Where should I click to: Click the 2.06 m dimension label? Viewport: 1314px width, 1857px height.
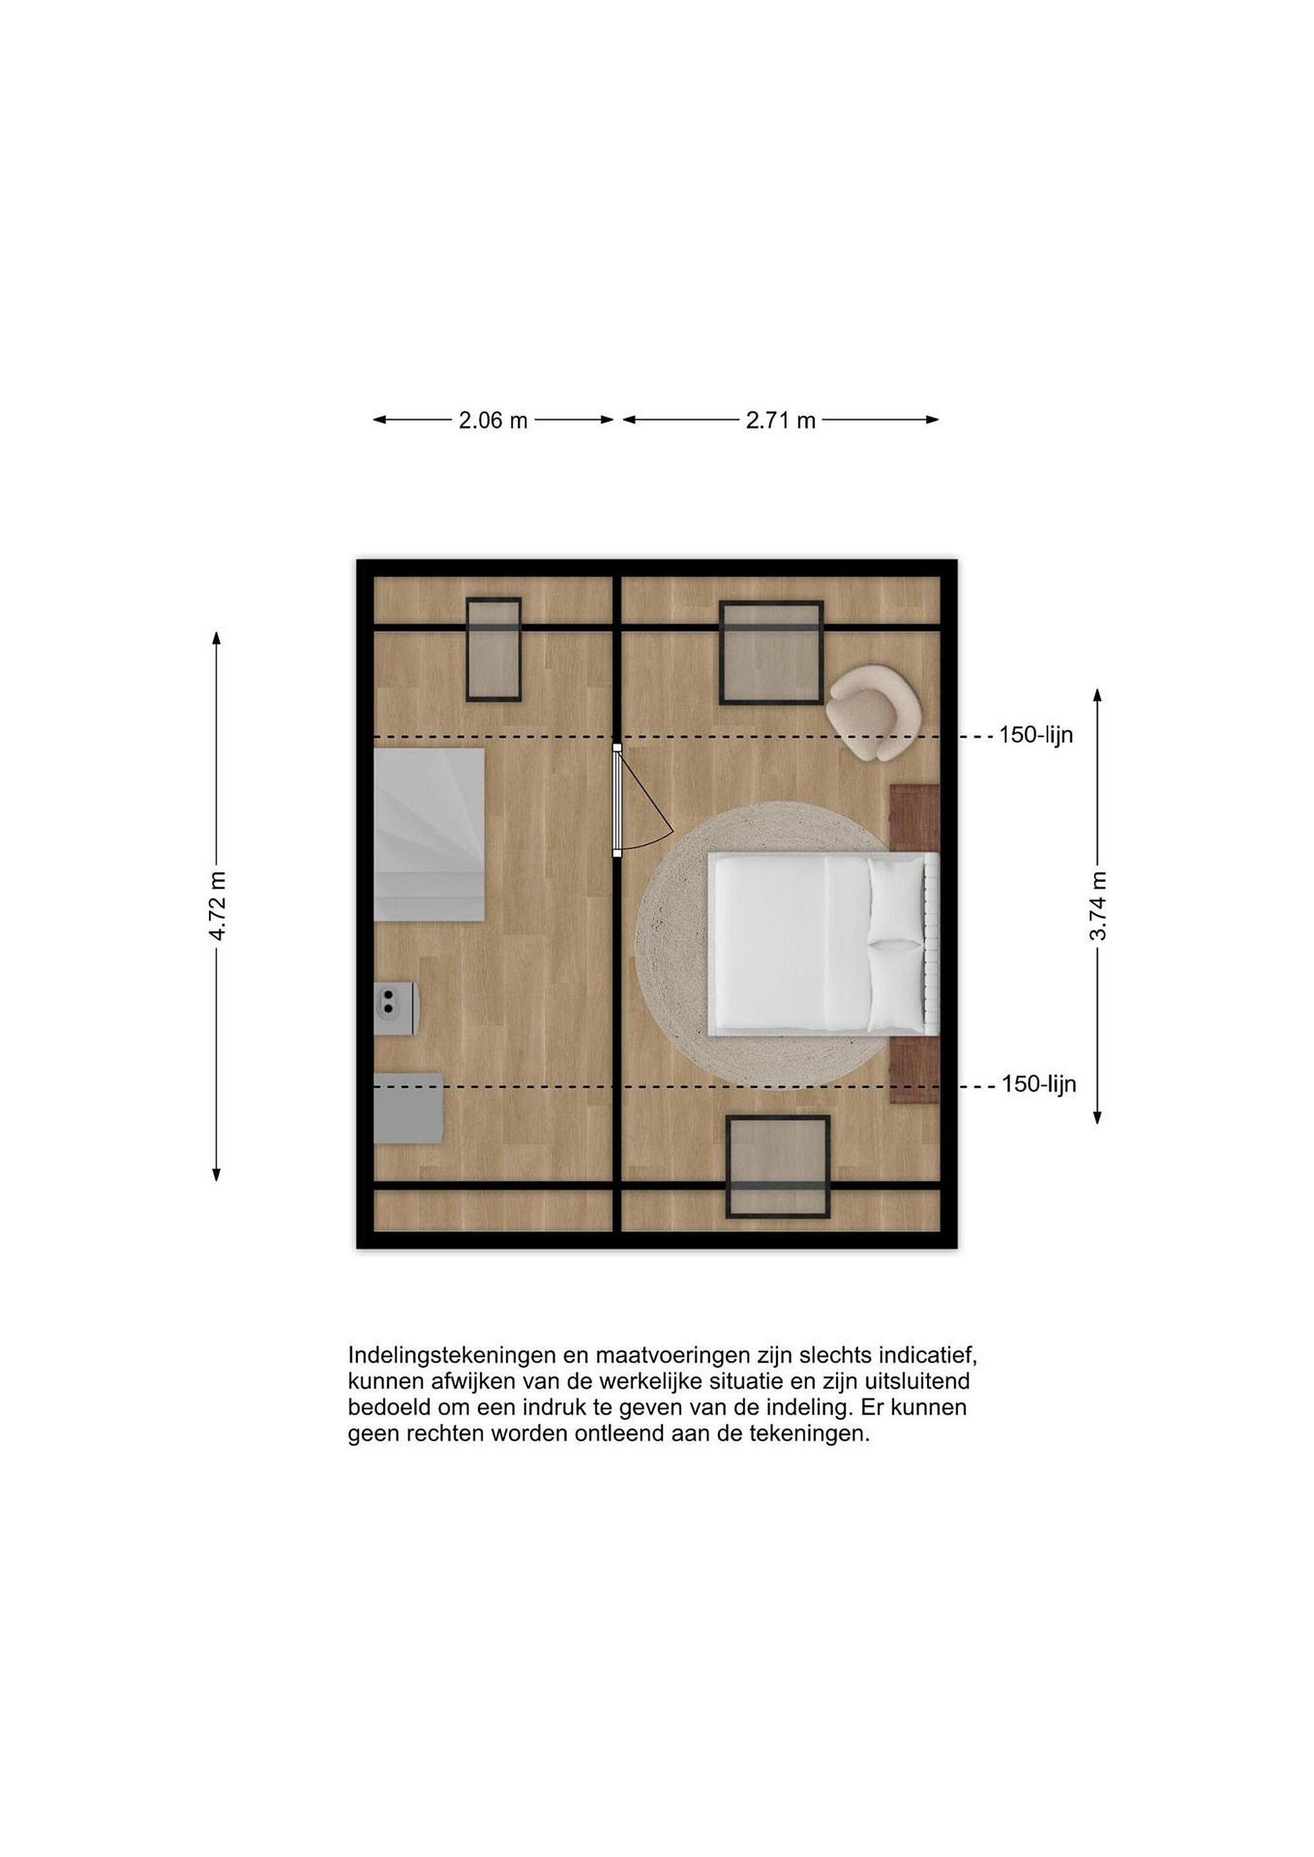point(493,420)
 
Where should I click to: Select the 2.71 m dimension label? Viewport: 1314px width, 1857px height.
point(781,420)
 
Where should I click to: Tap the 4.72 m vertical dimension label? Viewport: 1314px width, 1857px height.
point(217,906)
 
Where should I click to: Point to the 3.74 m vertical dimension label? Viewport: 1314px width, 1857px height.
point(1098,906)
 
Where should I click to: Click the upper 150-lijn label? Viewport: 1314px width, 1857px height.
point(1036,735)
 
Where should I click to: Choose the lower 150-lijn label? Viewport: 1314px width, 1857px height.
point(1039,1084)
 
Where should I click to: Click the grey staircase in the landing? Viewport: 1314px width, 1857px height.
point(430,834)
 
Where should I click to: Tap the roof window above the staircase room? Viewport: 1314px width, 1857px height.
point(493,649)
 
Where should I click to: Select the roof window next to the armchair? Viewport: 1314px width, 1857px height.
point(772,653)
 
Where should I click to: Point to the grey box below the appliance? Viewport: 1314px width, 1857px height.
point(408,1108)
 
